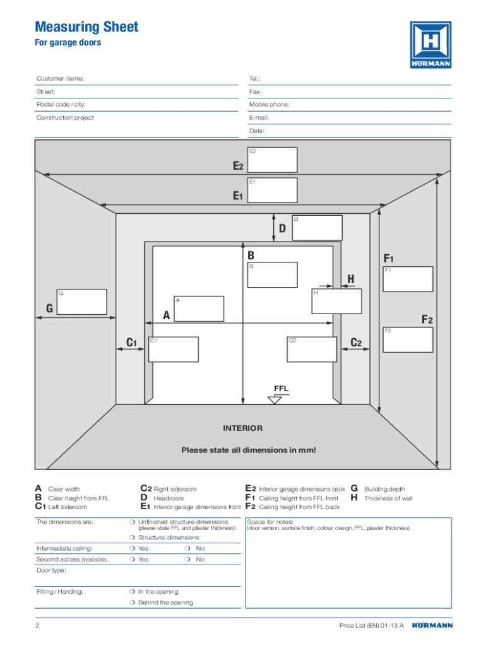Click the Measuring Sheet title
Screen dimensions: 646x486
(86, 27)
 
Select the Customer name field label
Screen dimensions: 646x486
(60, 79)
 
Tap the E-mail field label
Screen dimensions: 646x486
(259, 118)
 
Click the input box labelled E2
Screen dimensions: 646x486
(272, 160)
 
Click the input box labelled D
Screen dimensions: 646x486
(317, 228)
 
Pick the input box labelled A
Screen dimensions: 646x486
(199, 308)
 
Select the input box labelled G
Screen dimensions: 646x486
(81, 302)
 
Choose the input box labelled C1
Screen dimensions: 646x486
(174, 349)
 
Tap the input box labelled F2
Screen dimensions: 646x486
(408, 339)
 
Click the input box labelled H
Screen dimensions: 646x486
(336, 301)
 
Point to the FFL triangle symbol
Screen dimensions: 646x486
(275, 399)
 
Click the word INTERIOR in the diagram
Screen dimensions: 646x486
(242, 428)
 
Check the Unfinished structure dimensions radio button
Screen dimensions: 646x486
(132, 522)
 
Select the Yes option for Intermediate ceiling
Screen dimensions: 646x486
(132, 549)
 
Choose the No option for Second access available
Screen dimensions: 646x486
(189, 560)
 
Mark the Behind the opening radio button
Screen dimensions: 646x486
(132, 603)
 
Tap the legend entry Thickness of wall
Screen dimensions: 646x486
(388, 498)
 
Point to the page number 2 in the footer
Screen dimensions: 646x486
(38, 626)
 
